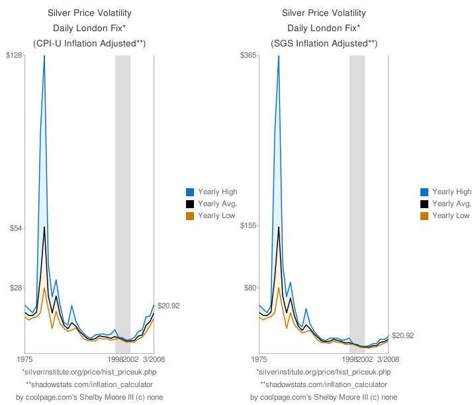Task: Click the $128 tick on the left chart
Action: [x=14, y=55]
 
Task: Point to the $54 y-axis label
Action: [x=15, y=228]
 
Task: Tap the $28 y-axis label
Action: [x=15, y=288]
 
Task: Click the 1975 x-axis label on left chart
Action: [x=24, y=359]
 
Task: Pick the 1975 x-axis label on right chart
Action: [x=259, y=359]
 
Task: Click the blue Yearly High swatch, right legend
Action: [x=425, y=192]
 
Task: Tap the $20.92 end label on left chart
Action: [x=169, y=306]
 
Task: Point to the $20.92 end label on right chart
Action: [x=403, y=336]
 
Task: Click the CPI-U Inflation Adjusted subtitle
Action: [x=89, y=44]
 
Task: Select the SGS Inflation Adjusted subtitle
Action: [x=324, y=44]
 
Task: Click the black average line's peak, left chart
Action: [x=44, y=227]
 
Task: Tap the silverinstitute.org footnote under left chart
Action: [x=89, y=372]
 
